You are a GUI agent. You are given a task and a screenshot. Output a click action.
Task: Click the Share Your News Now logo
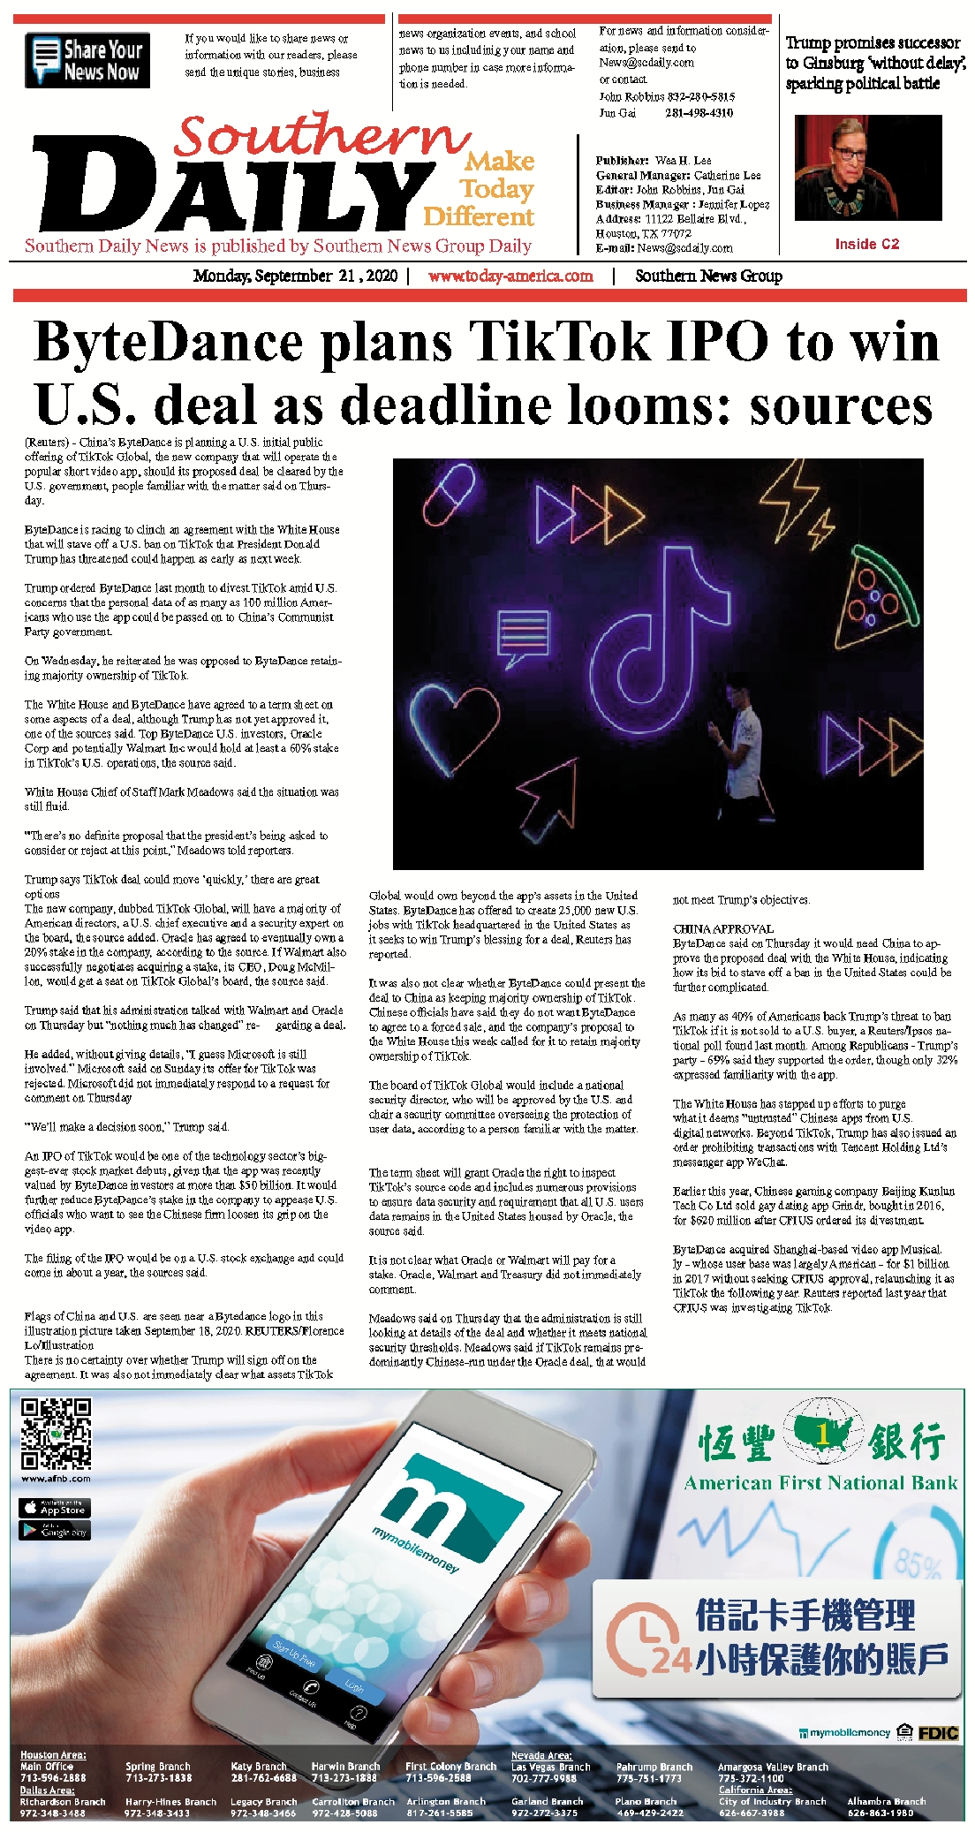point(87,60)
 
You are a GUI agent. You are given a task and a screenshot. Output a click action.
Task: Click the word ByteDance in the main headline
point(168,341)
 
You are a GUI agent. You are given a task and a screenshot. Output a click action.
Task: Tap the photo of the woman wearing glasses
point(867,168)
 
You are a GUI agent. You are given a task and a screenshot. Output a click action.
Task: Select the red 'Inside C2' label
point(866,245)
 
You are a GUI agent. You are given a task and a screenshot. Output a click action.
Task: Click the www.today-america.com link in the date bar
point(510,276)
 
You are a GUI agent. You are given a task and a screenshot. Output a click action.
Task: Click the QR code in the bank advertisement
point(56,1433)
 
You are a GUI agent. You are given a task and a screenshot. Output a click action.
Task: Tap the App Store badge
point(55,1508)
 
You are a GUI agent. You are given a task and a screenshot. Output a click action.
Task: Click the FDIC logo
point(938,1733)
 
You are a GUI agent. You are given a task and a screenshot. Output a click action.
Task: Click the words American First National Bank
point(820,1483)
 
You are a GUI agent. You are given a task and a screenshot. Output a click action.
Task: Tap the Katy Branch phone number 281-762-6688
point(263,1778)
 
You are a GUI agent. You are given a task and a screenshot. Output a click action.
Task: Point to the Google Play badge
point(55,1531)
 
